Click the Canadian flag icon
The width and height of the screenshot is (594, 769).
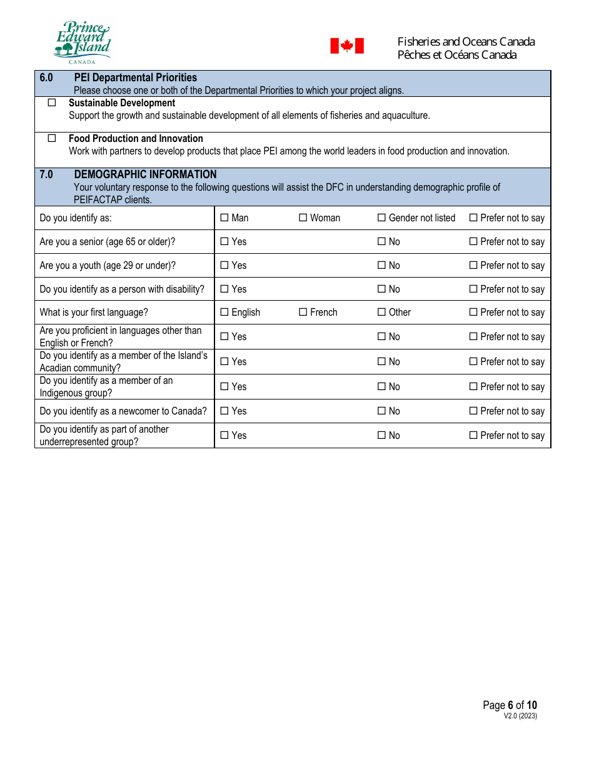click(x=347, y=46)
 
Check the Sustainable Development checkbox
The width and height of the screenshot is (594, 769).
click(x=52, y=103)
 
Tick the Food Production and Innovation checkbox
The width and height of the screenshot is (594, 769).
click(x=52, y=138)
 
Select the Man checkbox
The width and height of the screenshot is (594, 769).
click(x=224, y=218)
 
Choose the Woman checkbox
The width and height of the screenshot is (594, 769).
click(x=303, y=218)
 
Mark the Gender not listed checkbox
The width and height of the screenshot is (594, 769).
click(x=382, y=218)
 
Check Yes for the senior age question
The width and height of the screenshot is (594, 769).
click(x=224, y=241)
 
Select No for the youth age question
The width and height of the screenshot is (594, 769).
click(x=382, y=265)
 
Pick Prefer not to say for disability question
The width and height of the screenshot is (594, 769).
click(x=473, y=289)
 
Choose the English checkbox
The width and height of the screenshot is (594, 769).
click(x=224, y=312)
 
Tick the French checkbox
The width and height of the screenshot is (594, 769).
click(x=303, y=312)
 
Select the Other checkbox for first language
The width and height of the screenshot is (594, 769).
click(x=382, y=312)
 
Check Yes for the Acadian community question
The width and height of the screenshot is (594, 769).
click(x=224, y=361)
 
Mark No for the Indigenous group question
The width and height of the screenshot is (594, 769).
click(x=382, y=386)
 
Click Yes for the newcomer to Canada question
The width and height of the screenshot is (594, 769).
click(x=224, y=411)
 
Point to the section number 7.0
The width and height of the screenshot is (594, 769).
click(x=46, y=174)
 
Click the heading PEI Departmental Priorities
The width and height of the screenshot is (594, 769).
click(x=135, y=78)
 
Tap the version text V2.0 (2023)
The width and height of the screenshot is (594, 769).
click(x=520, y=716)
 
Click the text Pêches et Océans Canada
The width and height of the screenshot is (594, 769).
click(x=456, y=55)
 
